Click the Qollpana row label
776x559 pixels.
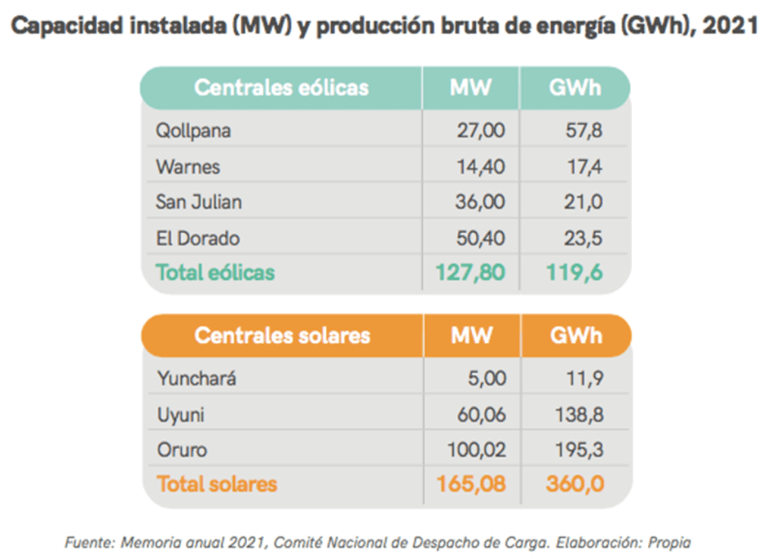point(193,130)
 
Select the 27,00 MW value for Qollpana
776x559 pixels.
point(480,130)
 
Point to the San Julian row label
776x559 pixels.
point(199,202)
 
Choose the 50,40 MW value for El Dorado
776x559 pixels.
point(480,238)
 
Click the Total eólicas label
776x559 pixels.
point(215,272)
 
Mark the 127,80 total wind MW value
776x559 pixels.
point(470,272)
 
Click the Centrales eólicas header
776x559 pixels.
point(281,87)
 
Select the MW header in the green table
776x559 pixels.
point(471,87)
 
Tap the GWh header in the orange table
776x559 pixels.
point(575,335)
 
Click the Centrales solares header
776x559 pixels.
point(282,335)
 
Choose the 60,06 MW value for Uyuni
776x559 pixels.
point(480,415)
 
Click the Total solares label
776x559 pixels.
point(217,484)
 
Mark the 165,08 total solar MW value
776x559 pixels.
point(471,484)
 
